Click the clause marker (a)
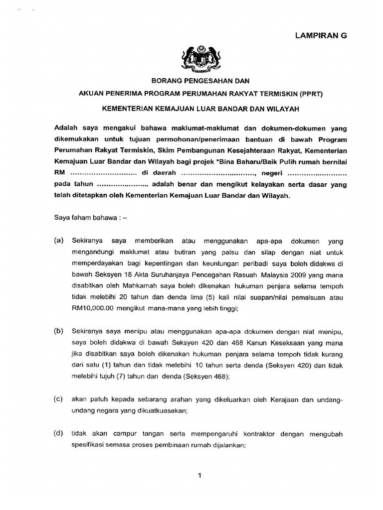click(x=58, y=241)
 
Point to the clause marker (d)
click(x=58, y=434)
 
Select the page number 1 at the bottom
click(x=199, y=476)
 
